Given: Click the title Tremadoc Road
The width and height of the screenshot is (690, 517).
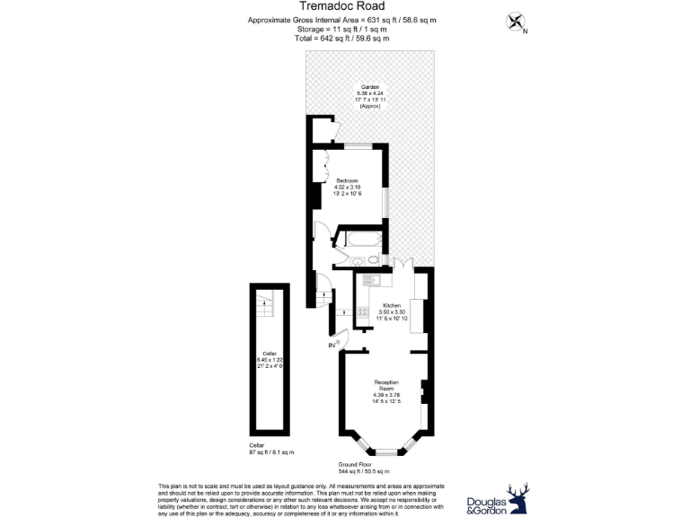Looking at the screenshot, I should coord(345,6).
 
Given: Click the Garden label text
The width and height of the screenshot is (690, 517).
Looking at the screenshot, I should coord(370,87).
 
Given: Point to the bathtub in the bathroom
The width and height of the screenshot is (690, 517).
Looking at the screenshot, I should coord(360,240).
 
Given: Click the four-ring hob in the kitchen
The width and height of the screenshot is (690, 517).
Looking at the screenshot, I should coord(363,313).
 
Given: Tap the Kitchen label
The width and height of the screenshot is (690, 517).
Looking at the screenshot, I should coord(392,305).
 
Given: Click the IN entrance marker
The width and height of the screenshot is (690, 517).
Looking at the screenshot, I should coord(332,345).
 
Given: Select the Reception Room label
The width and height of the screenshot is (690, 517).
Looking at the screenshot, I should coord(385,386).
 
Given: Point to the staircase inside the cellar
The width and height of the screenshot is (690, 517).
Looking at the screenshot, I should coord(263,305).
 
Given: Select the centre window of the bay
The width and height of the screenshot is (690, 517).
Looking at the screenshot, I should coord(385,450).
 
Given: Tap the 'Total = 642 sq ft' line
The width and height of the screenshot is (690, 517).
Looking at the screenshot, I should coord(345,38).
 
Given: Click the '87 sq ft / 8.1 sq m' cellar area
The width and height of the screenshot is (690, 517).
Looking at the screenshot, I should coord(271,451).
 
